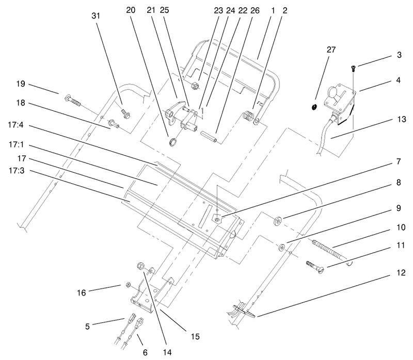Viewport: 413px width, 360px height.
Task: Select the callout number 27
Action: coord(330,50)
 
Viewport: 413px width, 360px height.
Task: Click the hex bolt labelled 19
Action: coord(72,99)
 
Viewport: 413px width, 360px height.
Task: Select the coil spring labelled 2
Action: coord(249,117)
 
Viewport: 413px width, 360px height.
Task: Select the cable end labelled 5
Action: coord(130,319)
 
